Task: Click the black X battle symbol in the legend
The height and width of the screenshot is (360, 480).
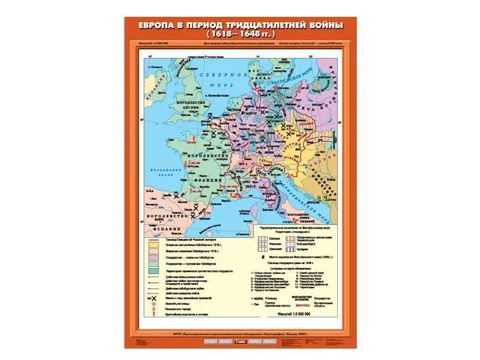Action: (x=154, y=298)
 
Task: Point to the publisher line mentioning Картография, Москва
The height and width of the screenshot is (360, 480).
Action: (x=240, y=333)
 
